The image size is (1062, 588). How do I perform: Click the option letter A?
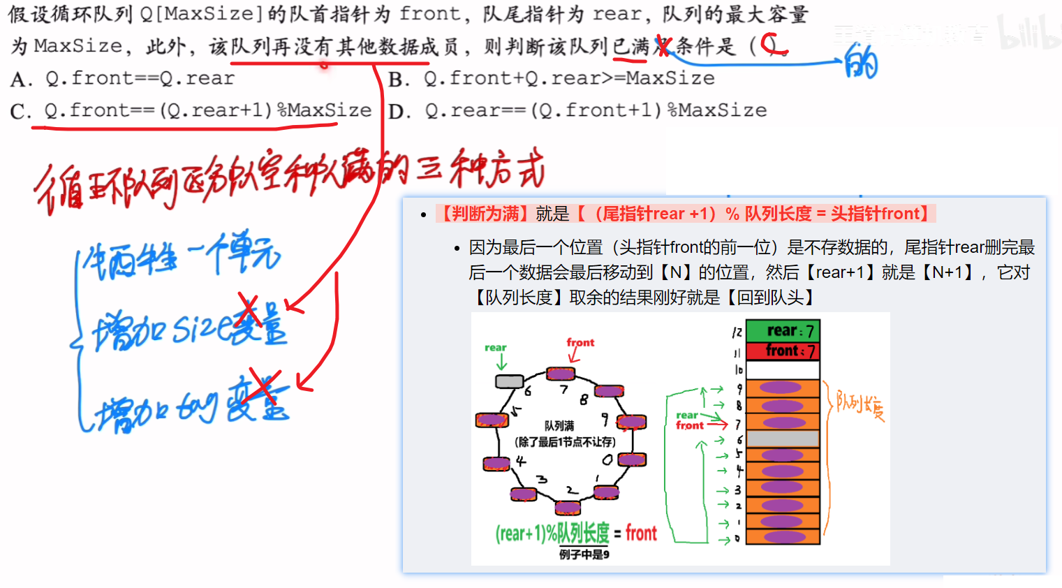pos(21,80)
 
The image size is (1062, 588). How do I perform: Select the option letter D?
pos(399,112)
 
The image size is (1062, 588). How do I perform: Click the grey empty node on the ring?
pos(509,381)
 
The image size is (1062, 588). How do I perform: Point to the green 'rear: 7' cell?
pos(783,331)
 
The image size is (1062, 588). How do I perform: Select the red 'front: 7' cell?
pos(783,351)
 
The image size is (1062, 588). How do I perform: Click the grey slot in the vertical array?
pos(783,439)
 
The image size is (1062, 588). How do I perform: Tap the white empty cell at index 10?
pos(783,369)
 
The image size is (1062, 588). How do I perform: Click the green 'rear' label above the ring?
pos(496,348)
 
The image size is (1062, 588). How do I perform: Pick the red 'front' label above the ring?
pos(580,342)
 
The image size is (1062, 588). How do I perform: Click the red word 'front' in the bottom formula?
pos(641,534)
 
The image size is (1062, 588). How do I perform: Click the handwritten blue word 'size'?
pos(202,328)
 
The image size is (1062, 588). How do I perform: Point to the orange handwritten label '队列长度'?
pos(860,405)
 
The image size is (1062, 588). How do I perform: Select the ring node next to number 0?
pos(631,460)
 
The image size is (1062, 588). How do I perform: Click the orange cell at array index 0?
pos(783,537)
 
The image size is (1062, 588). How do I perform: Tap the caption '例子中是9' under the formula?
pos(584,554)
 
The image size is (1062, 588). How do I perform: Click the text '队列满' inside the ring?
pos(559,426)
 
